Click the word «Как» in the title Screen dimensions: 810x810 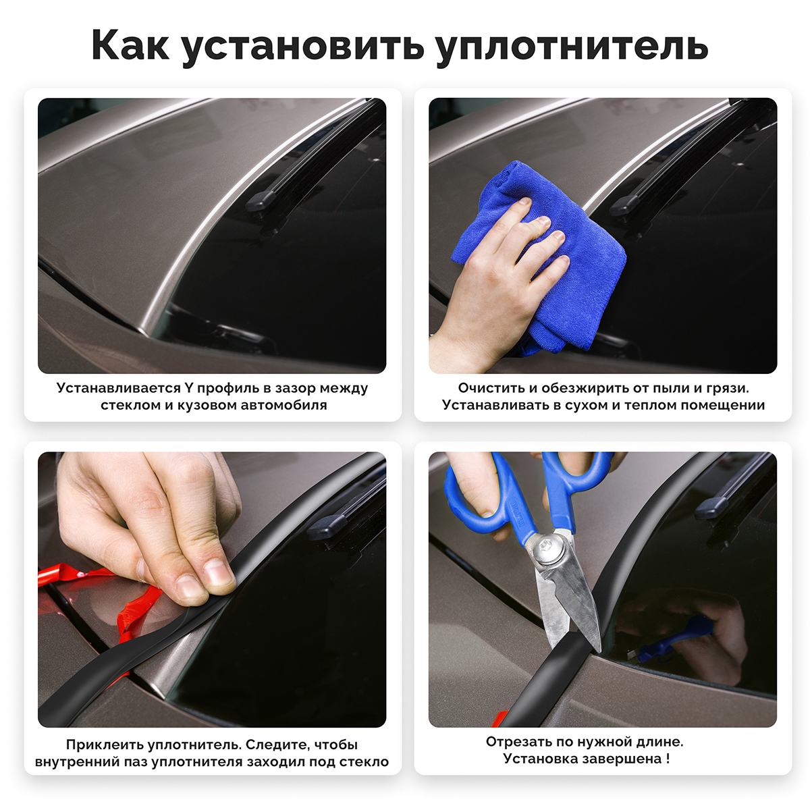pyautogui.click(x=130, y=45)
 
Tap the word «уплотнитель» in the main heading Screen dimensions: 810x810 pyautogui.click(x=572, y=47)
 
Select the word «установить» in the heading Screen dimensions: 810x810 pyautogui.click(x=303, y=47)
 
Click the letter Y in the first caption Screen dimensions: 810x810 pyautogui.click(x=188, y=387)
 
